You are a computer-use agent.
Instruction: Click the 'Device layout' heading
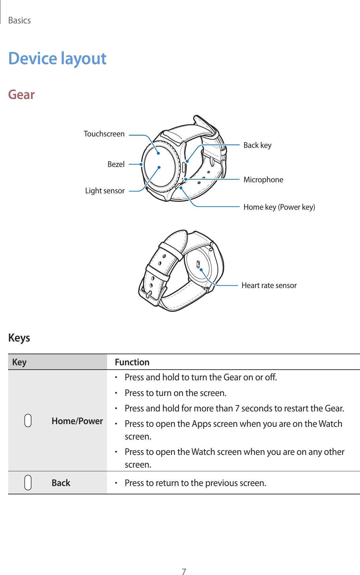click(x=57, y=59)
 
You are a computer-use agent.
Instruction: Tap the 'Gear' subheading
click(x=21, y=95)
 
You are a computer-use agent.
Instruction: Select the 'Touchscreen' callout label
click(x=104, y=134)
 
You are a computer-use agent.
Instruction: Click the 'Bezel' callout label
click(x=116, y=164)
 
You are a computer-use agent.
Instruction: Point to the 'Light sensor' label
click(x=105, y=191)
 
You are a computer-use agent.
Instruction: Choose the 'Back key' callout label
click(x=257, y=145)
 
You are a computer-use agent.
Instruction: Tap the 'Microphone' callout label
click(x=263, y=180)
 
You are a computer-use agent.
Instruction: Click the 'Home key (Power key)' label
click(x=279, y=207)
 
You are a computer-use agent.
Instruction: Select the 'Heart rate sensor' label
click(x=269, y=285)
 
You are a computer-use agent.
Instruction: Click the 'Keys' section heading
click(x=19, y=338)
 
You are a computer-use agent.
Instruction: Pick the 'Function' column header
click(x=132, y=362)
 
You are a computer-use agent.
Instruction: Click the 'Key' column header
click(x=19, y=362)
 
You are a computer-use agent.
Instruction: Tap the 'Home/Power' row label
click(x=77, y=421)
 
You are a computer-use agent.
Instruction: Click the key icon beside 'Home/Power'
click(x=28, y=420)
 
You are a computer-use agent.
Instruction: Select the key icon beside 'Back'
click(x=28, y=483)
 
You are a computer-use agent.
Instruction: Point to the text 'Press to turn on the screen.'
click(x=175, y=393)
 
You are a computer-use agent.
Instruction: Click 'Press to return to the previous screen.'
click(x=195, y=483)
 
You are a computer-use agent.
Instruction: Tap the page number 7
click(x=184, y=571)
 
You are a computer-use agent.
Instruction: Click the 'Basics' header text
click(x=19, y=20)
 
